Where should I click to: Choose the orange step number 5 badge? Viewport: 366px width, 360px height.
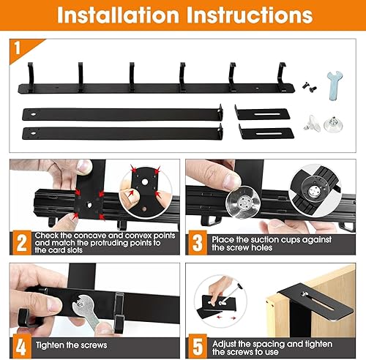[x=198, y=342]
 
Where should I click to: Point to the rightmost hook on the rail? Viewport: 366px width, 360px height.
[x=281, y=73]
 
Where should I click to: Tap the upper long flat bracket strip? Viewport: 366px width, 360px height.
[x=120, y=115]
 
